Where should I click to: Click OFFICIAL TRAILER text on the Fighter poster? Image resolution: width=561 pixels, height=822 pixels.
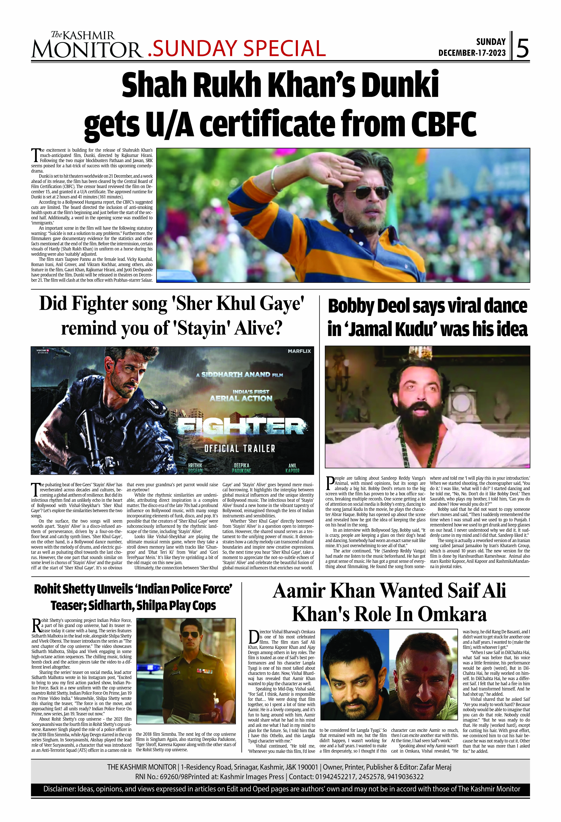(x=240, y=449)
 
